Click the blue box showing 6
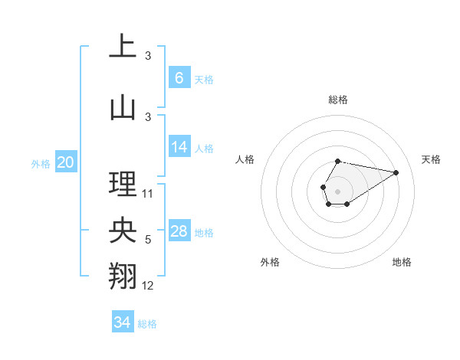[x=179, y=78]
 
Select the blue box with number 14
[x=179, y=147]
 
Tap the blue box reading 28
[x=179, y=231]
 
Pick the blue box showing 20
[x=66, y=162]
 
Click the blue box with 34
[x=123, y=322]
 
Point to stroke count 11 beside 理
[x=148, y=194]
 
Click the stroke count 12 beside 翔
[x=148, y=286]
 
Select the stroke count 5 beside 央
[x=148, y=241]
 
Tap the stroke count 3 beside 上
[x=148, y=56]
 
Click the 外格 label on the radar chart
[x=270, y=262]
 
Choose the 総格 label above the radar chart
[x=338, y=100]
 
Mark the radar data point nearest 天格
[x=396, y=172]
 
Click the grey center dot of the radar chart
[x=337, y=190]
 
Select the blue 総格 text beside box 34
[x=147, y=324]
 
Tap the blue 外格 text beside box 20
[x=41, y=164]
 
